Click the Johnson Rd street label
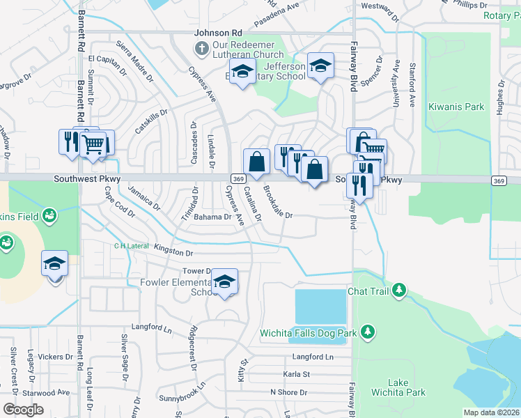tap(217, 32)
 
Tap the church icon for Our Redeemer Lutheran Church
tap(201, 47)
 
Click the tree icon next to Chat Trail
tap(398, 289)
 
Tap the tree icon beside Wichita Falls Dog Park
tap(368, 332)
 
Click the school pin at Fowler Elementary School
tap(224, 281)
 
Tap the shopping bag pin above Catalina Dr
tap(256, 161)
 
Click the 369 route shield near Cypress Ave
tap(237, 179)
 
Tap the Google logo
tap(23, 410)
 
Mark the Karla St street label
tap(296, 374)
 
